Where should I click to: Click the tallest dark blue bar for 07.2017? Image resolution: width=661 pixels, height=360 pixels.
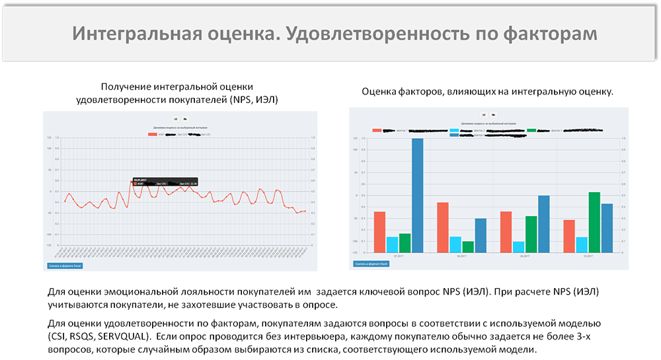click(x=417, y=195)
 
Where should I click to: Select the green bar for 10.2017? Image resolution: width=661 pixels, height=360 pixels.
click(x=594, y=222)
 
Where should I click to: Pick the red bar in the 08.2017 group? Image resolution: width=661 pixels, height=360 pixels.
click(x=443, y=227)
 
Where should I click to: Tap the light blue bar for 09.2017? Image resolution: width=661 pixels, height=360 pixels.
click(x=518, y=246)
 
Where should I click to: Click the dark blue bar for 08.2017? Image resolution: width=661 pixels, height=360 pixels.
click(x=481, y=235)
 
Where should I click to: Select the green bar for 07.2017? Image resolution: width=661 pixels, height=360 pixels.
click(x=405, y=242)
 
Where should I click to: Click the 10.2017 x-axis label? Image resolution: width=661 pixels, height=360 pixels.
click(x=588, y=256)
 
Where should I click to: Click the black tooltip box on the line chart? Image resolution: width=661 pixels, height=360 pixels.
click(x=164, y=182)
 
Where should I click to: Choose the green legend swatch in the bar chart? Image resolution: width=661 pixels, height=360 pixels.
click(x=531, y=130)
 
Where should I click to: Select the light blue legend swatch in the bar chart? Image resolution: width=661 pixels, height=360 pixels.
click(x=454, y=130)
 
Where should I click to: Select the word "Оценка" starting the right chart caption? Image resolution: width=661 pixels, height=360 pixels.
click(x=379, y=92)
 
